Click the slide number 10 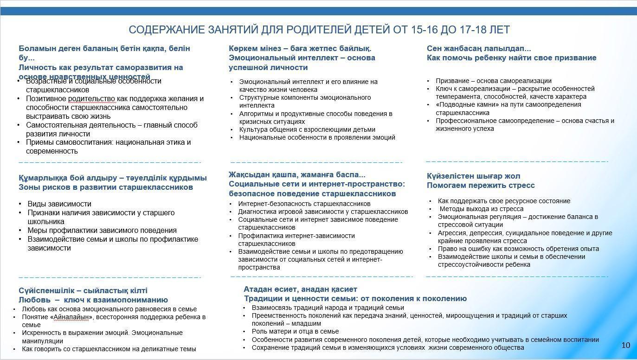(625, 345)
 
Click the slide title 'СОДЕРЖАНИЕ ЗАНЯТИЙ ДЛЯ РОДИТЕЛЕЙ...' (319, 30)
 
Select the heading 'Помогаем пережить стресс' (481, 186)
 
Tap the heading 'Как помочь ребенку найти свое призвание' (511, 58)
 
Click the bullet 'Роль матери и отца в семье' (295, 331)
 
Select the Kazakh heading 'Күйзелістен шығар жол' (473, 176)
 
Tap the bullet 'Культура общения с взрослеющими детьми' (307, 129)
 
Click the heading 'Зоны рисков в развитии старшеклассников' (106, 187)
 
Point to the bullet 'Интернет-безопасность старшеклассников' (304, 204)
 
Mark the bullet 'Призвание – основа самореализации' (494, 81)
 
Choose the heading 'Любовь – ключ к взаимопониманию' (93, 300)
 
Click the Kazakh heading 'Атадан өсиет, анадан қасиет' (300, 289)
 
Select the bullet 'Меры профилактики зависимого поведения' (102, 230)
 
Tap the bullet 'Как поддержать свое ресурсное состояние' (504, 201)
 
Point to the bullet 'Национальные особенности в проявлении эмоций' (317, 137)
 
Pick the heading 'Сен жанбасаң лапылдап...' (479, 48)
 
